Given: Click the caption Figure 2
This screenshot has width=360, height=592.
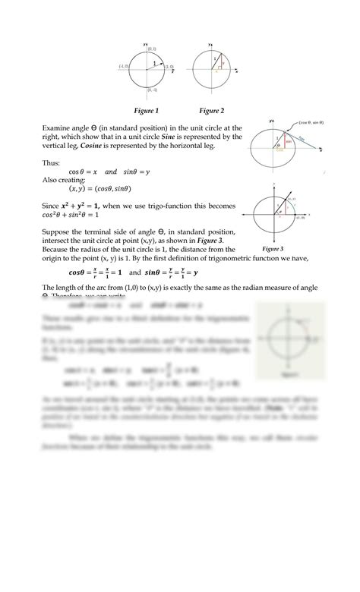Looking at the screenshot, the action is click(x=211, y=111).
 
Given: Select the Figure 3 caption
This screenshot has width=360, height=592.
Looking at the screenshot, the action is click(x=271, y=248).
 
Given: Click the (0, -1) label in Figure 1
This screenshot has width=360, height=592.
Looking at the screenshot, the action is click(x=152, y=90).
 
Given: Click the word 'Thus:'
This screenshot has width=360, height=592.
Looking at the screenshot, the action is click(x=51, y=162).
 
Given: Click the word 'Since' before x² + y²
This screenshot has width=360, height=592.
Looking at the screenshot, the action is click(x=52, y=206).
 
